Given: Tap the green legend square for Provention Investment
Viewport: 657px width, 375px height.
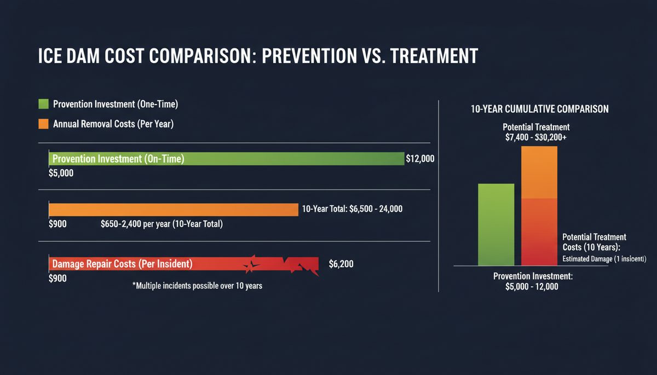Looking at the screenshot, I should tap(43, 104).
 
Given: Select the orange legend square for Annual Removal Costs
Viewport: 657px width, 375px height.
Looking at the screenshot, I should tap(43, 124).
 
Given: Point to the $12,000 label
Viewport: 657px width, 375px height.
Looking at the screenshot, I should tap(420, 159).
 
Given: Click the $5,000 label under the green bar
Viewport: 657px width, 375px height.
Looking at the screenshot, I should tap(61, 174).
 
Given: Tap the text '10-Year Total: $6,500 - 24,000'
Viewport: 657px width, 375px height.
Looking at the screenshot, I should tap(352, 209).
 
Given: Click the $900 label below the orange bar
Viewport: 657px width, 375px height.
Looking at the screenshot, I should tap(57, 224).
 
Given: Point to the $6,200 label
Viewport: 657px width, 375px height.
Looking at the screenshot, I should tap(341, 264).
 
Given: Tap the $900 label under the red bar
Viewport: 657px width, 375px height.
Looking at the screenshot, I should tap(57, 278).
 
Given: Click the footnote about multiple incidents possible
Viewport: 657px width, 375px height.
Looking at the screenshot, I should tap(197, 286).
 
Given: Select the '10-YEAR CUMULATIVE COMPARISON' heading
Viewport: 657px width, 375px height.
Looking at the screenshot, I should tap(539, 109).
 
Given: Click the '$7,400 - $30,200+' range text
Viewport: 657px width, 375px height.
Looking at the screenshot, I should tap(536, 137).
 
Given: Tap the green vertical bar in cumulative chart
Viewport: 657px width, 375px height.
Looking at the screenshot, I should tap(496, 224).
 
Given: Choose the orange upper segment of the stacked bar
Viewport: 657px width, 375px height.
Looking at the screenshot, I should tap(539, 172).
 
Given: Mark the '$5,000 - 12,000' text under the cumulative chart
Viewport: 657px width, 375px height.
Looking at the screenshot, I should tap(532, 287).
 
